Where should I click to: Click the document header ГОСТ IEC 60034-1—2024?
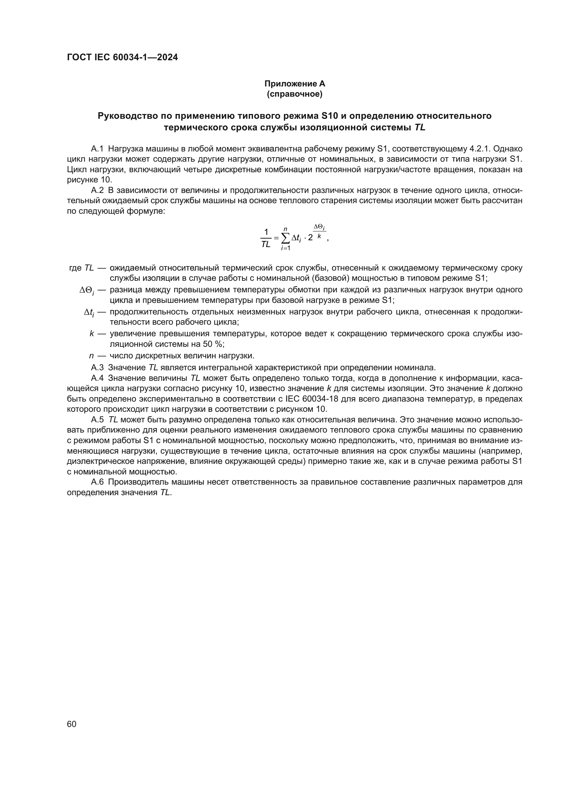(x=123, y=58)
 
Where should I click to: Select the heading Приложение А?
(x=295, y=84)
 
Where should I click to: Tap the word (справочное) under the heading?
(x=295, y=94)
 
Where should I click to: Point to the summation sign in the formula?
(x=285, y=238)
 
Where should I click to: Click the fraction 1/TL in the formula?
(x=266, y=238)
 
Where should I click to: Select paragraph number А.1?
(x=97, y=149)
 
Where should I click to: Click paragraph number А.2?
(x=97, y=191)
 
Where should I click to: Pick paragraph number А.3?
(x=97, y=368)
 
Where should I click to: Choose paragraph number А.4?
(x=97, y=378)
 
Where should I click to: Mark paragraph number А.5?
(x=97, y=420)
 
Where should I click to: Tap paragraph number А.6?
(x=97, y=482)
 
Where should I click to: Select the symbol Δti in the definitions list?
(x=89, y=313)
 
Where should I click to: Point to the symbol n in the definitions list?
(x=92, y=356)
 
